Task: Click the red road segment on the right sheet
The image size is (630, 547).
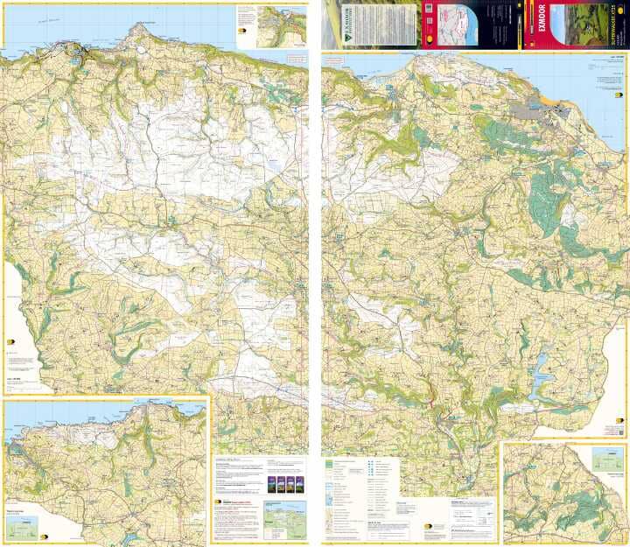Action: (431, 403)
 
